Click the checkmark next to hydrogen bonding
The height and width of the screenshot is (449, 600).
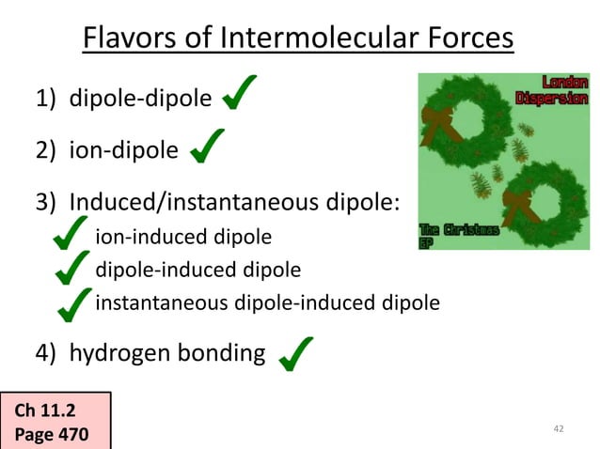pyautogui.click(x=295, y=352)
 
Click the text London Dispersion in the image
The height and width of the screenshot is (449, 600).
pyautogui.click(x=554, y=90)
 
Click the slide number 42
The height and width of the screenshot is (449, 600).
pyautogui.click(x=559, y=429)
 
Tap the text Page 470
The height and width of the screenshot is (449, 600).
pyautogui.click(x=53, y=435)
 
